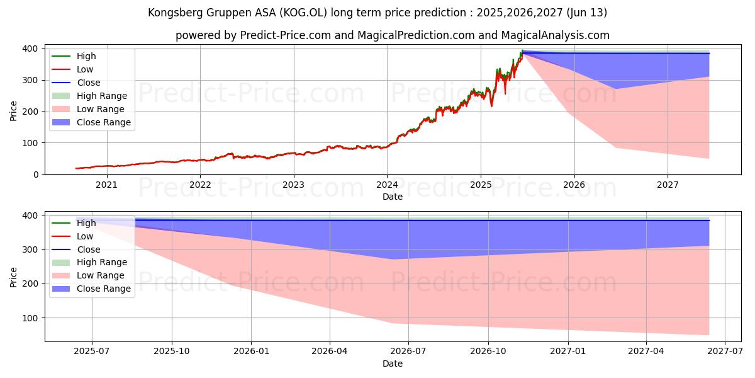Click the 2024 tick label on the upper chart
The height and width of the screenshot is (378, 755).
(x=387, y=185)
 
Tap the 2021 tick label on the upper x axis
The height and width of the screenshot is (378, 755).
(x=106, y=185)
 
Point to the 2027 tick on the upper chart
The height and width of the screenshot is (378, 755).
(x=668, y=185)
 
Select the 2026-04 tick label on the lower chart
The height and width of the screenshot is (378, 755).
(x=330, y=352)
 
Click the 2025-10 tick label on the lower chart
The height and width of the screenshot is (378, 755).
(x=172, y=352)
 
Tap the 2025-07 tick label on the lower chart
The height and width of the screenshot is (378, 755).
(x=92, y=352)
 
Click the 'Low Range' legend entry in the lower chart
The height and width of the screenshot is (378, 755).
(x=101, y=275)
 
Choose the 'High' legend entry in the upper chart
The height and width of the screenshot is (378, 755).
(x=86, y=56)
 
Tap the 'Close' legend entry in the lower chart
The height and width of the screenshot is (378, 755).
(x=89, y=249)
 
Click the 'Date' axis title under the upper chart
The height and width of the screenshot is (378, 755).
(x=393, y=197)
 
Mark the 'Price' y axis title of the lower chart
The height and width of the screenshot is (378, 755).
(x=14, y=277)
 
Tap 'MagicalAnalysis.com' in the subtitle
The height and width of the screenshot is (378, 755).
(x=547, y=35)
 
